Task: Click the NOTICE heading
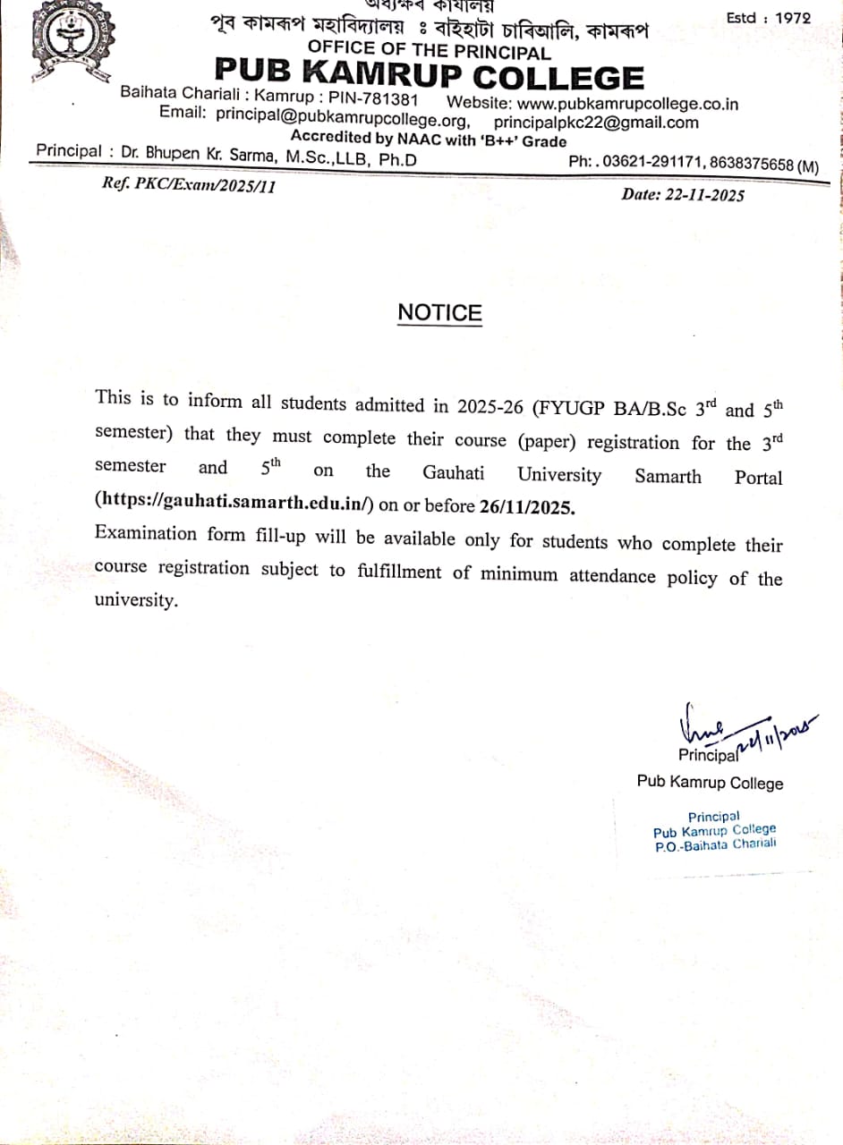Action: pos(439,313)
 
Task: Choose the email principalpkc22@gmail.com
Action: pos(596,123)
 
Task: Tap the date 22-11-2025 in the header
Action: pos(704,195)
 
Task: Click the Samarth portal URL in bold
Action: pos(234,503)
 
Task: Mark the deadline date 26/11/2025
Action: pos(527,506)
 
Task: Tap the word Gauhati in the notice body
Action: pos(458,472)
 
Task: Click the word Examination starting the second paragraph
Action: pos(145,534)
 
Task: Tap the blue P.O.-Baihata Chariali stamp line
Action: pos(715,844)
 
